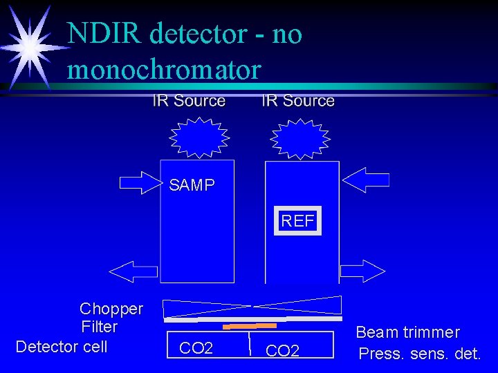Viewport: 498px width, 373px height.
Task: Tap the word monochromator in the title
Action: [164, 70]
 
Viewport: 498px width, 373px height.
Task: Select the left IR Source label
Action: [189, 101]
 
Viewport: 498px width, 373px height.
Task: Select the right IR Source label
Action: [298, 101]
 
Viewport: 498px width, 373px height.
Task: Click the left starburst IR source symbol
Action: [194, 136]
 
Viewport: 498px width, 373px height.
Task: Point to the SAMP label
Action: [192, 185]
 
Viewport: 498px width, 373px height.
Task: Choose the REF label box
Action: [297, 221]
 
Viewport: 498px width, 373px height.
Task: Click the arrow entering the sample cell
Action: [140, 182]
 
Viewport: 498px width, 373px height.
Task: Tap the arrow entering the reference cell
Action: [367, 181]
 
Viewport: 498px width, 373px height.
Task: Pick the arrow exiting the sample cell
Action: [134, 271]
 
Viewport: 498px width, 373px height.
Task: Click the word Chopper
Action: [111, 309]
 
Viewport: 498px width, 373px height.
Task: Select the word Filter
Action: [100, 327]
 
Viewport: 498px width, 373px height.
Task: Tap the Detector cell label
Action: [62, 346]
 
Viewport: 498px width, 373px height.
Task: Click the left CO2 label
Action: [196, 347]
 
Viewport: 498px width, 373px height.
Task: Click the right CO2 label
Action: [282, 351]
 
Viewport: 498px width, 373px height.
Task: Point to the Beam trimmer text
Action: [407, 332]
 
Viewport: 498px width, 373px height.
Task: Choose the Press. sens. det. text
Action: [420, 354]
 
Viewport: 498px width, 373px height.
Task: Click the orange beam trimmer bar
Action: [252, 325]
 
